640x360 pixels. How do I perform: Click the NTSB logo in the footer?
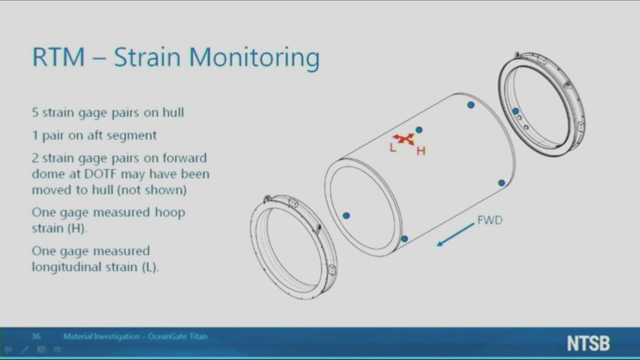[x=588, y=343]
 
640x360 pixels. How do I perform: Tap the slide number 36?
[x=36, y=336]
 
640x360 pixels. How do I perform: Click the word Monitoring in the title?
[x=254, y=58]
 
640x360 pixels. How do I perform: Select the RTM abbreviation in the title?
[x=58, y=58]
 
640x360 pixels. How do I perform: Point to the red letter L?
[x=392, y=147]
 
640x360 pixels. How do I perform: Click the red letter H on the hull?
[x=420, y=151]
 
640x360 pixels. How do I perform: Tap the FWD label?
[x=489, y=220]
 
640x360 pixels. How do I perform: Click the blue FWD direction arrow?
[x=455, y=234]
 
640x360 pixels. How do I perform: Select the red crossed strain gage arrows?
[x=403, y=138]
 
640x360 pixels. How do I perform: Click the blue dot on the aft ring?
[x=515, y=111]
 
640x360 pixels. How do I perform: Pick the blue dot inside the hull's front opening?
[x=346, y=215]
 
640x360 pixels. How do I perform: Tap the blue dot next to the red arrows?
[x=419, y=130]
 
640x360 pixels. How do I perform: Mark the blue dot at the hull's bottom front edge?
[x=404, y=239]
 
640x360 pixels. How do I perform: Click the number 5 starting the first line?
[x=35, y=112]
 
